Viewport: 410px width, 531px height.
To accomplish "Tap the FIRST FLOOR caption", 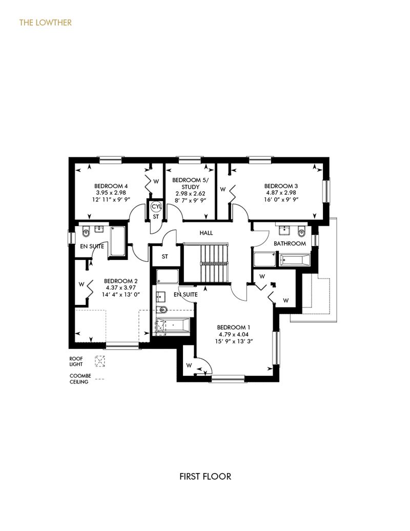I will click(205, 476).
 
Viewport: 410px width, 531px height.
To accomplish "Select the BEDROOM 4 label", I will click(111, 186).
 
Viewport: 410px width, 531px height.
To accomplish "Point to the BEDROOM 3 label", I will click(281, 186).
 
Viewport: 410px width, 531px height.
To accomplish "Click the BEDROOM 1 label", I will click(234, 328).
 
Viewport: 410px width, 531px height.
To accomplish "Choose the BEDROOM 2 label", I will click(120, 281).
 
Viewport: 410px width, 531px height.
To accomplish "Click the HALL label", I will click(206, 233).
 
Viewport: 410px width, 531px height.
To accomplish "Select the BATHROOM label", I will click(290, 243).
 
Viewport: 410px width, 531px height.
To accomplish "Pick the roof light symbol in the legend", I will click(100, 361).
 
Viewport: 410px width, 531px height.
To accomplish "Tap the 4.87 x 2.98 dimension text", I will click(281, 193).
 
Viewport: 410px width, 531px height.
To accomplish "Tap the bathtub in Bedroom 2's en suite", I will click(117, 240).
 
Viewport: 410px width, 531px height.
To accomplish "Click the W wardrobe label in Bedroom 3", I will click(222, 189).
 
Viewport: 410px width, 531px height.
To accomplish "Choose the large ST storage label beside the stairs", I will click(165, 256).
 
